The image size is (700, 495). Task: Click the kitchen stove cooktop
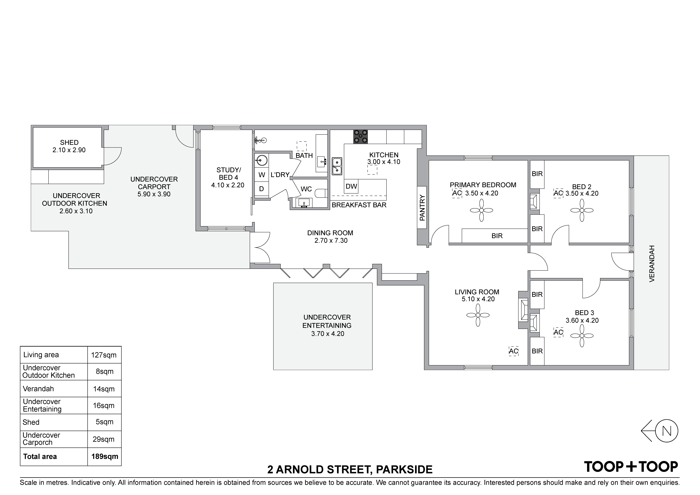coord(360,137)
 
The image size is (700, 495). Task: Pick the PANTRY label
coord(422,208)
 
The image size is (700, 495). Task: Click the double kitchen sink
coord(337,166)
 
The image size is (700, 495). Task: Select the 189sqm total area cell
coord(105,456)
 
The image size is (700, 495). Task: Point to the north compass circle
coord(667,431)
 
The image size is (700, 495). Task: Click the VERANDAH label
coord(652,263)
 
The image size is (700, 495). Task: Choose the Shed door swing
coord(113,156)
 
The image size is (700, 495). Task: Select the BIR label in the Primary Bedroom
coord(497,236)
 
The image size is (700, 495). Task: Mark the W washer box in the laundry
coord(262,175)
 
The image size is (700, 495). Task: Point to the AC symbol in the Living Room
coord(513,351)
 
